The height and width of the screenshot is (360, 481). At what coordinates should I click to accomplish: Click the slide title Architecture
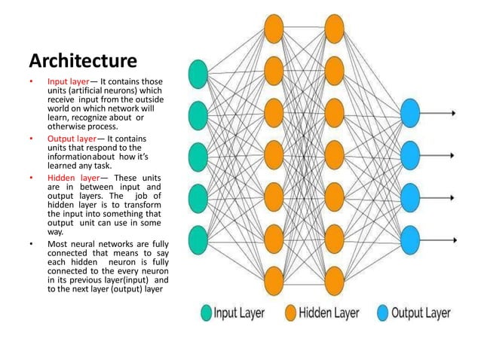click(82, 59)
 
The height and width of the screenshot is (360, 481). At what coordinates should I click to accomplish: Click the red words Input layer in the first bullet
click(71, 81)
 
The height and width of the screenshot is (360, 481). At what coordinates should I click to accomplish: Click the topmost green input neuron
click(198, 74)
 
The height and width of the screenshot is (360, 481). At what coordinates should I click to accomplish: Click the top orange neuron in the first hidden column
click(273, 29)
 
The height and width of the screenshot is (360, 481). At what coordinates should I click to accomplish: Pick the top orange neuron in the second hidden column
click(334, 29)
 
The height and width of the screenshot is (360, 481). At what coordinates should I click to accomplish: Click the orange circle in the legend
click(290, 313)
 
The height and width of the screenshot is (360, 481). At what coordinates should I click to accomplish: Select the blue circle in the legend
click(381, 313)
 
